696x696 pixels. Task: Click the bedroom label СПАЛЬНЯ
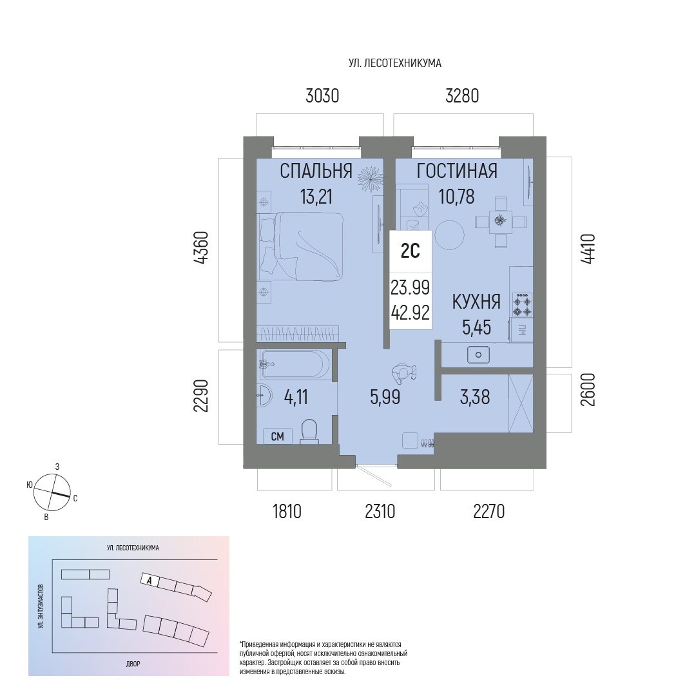316,171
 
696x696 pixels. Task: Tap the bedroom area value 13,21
316,196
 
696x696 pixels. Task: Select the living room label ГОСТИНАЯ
457,171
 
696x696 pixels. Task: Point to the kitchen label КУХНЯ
476,302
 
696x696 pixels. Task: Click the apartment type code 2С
410,251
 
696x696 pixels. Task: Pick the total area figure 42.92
410,313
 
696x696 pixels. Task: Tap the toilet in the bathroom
309,432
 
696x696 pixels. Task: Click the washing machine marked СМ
277,436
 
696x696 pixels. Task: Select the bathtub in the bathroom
295,364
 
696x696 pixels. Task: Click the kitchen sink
478,354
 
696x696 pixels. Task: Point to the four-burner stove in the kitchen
523,305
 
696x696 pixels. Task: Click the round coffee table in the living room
449,235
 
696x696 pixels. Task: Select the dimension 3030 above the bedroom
322,96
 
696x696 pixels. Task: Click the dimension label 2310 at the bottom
380,511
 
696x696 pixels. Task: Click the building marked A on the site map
149,580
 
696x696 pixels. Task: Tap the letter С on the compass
75,498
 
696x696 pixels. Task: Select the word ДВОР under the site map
133,664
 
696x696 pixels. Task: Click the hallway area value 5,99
385,397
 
